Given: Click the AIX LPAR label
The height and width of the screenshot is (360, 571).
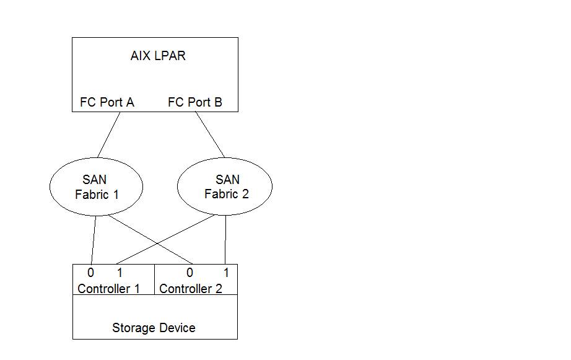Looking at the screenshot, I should point(158,56).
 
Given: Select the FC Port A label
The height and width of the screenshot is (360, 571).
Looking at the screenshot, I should point(107,102).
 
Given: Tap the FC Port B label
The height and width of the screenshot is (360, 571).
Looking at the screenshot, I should point(195,102).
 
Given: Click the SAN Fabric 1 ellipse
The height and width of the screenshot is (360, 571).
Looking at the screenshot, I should point(96,186).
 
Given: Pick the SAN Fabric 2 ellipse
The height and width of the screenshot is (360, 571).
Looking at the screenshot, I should point(225,186).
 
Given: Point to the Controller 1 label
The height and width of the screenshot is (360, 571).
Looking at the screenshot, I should point(108,289).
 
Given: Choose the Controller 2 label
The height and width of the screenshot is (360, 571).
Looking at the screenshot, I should point(191,289).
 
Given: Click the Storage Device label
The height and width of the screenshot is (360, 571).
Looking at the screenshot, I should point(154,328).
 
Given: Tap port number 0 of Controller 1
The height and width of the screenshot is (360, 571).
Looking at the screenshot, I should point(90,273).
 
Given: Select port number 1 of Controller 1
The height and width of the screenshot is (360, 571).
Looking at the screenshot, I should point(120,273).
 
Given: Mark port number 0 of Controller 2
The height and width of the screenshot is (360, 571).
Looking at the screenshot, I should point(190,273).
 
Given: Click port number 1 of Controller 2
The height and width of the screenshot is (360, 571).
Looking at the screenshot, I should point(227,273).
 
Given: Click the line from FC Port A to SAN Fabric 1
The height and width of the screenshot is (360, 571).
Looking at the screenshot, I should point(108,134).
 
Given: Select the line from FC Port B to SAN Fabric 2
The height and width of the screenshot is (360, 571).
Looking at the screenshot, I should point(211,134).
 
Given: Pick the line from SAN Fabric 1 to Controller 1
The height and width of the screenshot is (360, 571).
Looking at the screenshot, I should point(94,240).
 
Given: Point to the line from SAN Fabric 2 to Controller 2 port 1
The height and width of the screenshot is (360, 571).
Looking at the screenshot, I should point(225,240).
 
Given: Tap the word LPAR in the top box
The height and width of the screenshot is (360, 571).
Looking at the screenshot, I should point(170,56).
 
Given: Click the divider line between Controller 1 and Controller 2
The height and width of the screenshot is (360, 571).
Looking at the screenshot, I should point(154,279).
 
